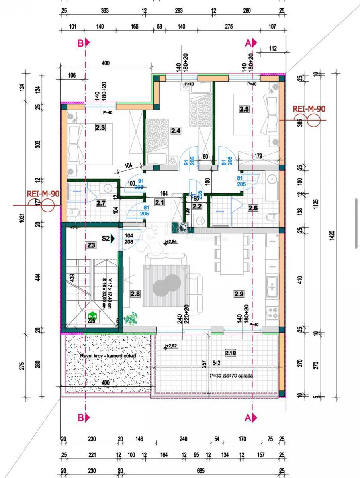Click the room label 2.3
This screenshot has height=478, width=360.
tap(100, 128)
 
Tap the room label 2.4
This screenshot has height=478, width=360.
tap(176, 130)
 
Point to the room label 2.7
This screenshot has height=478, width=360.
tap(101, 203)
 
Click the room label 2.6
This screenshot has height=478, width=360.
tap(253, 208)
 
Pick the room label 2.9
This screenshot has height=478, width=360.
tap(239, 294)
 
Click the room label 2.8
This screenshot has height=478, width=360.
tap(135, 294)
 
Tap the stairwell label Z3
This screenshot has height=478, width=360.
tap(91, 245)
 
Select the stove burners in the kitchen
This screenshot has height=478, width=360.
tap(272, 312)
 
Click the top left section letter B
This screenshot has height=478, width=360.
tap(80, 43)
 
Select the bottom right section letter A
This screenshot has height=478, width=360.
tap(248, 417)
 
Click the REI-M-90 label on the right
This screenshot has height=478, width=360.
tap(309, 108)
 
